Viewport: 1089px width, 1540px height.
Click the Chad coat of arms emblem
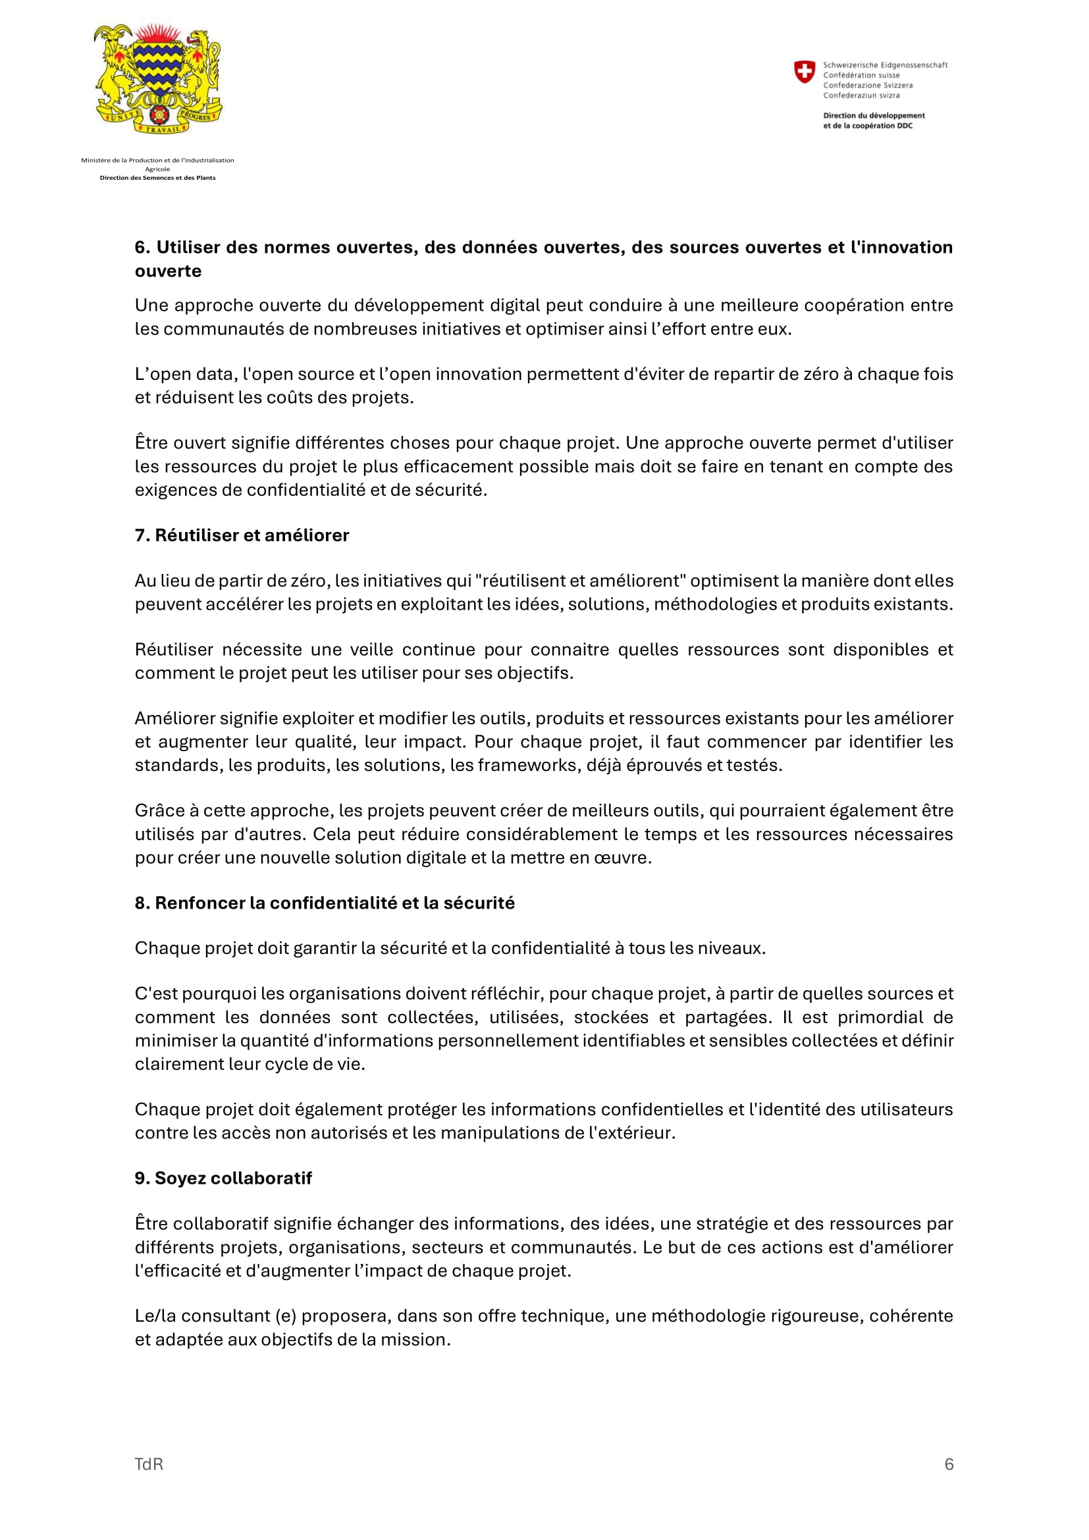coord(158,78)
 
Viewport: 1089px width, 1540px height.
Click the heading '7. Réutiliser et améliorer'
coord(242,535)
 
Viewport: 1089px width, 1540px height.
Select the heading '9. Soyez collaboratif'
coord(223,1178)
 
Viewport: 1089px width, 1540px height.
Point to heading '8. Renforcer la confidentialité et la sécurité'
coord(325,903)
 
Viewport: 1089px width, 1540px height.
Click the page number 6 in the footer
coord(948,1464)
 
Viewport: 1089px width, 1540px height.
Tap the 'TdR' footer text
coord(149,1464)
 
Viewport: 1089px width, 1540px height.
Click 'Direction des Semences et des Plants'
coord(157,178)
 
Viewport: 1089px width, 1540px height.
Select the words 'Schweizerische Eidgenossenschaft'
coord(885,65)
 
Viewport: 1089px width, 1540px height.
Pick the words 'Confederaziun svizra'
coord(861,95)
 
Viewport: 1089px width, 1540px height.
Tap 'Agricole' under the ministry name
coord(157,169)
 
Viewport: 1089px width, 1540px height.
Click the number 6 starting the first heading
coord(140,248)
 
